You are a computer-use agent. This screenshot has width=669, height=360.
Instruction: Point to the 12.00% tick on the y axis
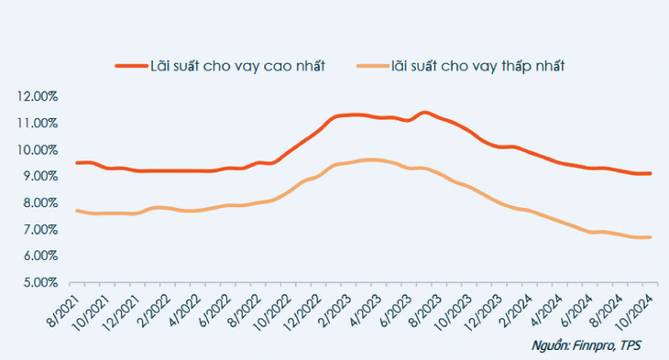[35, 96]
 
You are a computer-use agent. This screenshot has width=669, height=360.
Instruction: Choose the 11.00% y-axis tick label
[35, 123]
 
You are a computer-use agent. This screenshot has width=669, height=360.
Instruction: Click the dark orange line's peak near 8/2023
[423, 113]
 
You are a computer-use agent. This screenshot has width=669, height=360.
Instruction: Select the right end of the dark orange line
[650, 173]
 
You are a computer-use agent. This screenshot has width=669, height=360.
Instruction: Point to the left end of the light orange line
[76, 210]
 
